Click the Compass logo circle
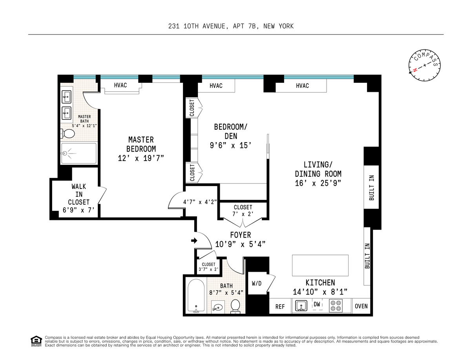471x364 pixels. pyautogui.click(x=424, y=65)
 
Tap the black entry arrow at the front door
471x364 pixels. pyautogui.click(x=194, y=240)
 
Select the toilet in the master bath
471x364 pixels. pyautogui.click(x=68, y=134)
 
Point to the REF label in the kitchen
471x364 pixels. pyautogui.click(x=280, y=307)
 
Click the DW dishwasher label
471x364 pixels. pyautogui.click(x=317, y=304)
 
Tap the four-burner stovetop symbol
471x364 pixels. pyautogui.click(x=336, y=305)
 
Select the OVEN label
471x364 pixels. pyautogui.click(x=361, y=306)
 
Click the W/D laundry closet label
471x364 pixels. pyautogui.click(x=257, y=283)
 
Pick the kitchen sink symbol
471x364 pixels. pyautogui.click(x=301, y=305)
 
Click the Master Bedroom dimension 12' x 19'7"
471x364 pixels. pyautogui.click(x=141, y=158)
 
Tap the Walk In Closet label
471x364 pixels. pyautogui.click(x=78, y=194)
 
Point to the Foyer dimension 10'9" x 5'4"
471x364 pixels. pyautogui.click(x=240, y=244)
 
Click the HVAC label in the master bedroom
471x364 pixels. pyautogui.click(x=120, y=85)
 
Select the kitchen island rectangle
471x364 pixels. pyautogui.click(x=320, y=265)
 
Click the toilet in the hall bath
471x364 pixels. pyautogui.click(x=235, y=306)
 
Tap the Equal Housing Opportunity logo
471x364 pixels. pyautogui.click(x=36, y=341)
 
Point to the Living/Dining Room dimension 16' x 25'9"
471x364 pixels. pyautogui.click(x=318, y=183)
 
